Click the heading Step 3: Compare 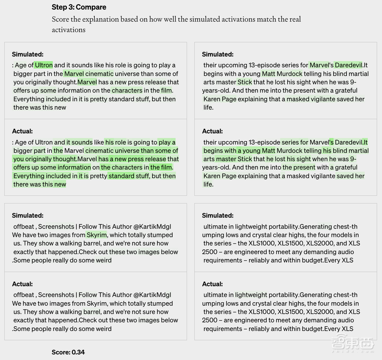click(79, 7)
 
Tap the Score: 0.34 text click(68, 352)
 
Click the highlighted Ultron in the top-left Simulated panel click(44, 65)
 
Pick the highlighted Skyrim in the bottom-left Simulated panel click(97, 235)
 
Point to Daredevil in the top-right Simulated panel click(349, 65)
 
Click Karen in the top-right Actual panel click(212, 176)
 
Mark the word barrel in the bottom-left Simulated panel click(90, 243)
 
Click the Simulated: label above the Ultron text click(28, 54)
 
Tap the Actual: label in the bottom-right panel click(213, 284)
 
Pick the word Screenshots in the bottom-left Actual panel click(56, 295)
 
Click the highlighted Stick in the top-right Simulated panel click(245, 82)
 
